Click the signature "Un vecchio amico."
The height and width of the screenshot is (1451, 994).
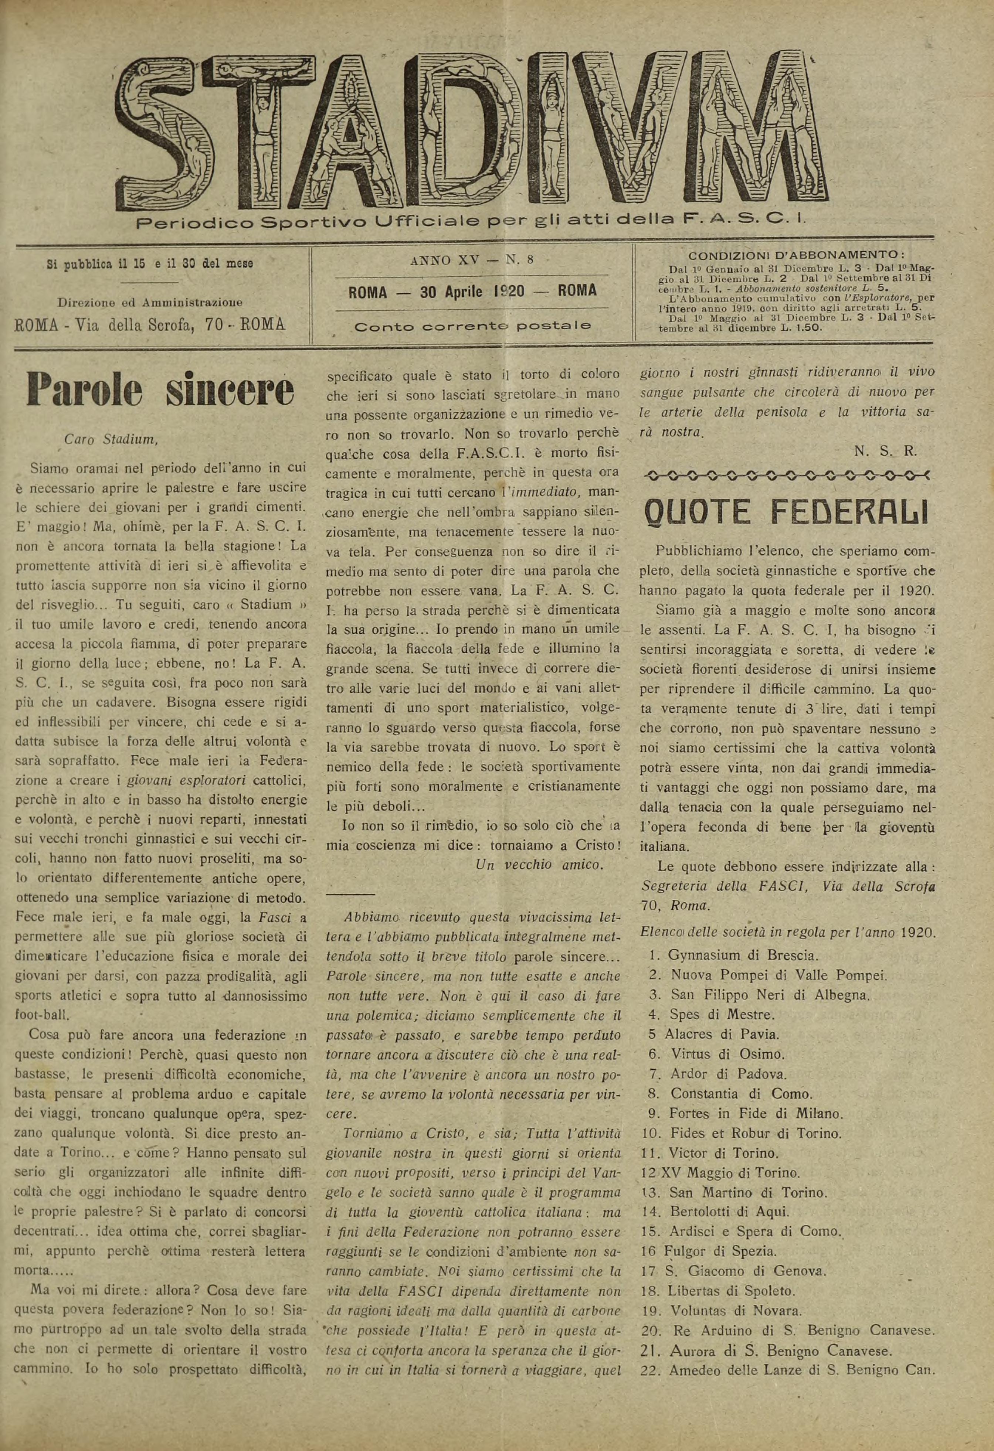click(539, 865)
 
